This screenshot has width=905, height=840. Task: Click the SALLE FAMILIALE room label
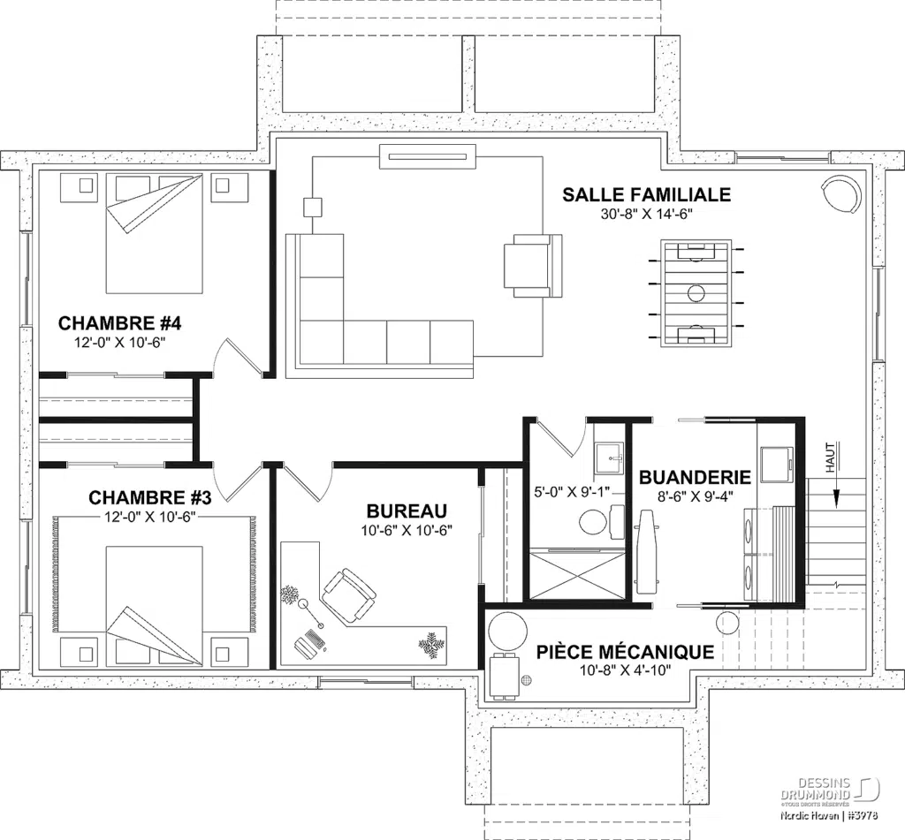coord(647,194)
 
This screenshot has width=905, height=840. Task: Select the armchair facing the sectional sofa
coord(532,264)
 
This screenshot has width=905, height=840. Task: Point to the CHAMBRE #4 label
coord(119,321)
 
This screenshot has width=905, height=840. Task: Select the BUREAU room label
coord(407,511)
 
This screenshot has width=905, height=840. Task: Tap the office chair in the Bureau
coord(347,593)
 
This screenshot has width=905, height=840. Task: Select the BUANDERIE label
coord(695,477)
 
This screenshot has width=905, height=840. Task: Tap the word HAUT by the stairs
coord(830,458)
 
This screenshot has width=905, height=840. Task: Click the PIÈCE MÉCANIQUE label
coord(625,652)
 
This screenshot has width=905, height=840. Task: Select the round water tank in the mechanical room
coord(508,632)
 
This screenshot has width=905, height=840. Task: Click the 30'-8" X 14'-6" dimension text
coord(647,215)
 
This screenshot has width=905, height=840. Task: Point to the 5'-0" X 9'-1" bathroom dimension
coord(572,491)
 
